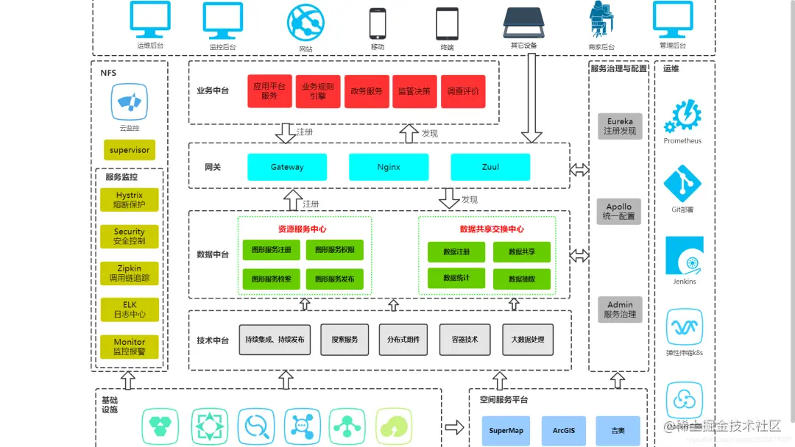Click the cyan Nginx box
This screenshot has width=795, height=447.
click(x=389, y=167)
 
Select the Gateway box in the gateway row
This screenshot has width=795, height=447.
click(x=286, y=167)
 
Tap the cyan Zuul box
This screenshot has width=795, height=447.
click(x=490, y=167)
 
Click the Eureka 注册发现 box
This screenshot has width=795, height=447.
click(x=620, y=126)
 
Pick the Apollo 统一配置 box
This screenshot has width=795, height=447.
click(x=619, y=212)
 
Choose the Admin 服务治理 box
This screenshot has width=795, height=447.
click(x=620, y=309)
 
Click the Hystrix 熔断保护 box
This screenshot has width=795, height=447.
click(x=130, y=200)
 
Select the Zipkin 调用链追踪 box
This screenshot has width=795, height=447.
click(x=130, y=273)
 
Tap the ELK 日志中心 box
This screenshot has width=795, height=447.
click(x=130, y=309)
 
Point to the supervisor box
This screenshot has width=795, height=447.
click(x=130, y=150)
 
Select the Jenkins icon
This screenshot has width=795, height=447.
click(x=684, y=256)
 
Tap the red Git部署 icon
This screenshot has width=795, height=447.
click(x=682, y=184)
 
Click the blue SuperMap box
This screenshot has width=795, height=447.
click(x=506, y=430)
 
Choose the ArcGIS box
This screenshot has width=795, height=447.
click(x=564, y=430)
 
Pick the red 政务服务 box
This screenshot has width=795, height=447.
click(x=367, y=91)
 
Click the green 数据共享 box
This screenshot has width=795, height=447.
click(x=521, y=251)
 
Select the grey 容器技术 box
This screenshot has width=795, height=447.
click(x=464, y=340)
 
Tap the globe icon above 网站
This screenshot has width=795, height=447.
click(x=305, y=23)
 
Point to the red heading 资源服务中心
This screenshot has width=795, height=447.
click(x=302, y=229)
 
